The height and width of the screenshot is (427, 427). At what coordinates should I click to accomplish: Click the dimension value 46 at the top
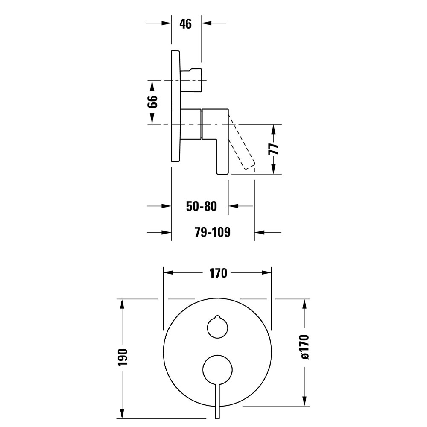pos(185,23)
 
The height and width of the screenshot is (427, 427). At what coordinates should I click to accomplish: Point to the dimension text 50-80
pos(202,206)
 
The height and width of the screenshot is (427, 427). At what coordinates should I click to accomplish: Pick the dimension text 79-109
pos(212,232)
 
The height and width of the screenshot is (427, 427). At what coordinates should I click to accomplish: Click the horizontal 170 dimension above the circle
pos(218,273)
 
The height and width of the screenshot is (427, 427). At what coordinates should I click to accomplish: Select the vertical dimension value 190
pos(123,358)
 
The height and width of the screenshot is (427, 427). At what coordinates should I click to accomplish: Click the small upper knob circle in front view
pos(217,328)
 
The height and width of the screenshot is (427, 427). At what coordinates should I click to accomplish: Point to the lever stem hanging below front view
pos(217,401)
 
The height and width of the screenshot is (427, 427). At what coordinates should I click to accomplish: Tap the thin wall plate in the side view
pos(175,106)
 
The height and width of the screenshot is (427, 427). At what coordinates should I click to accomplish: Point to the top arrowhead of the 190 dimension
pos(123,304)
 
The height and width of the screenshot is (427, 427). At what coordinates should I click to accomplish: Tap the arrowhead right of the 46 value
pos(207,23)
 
